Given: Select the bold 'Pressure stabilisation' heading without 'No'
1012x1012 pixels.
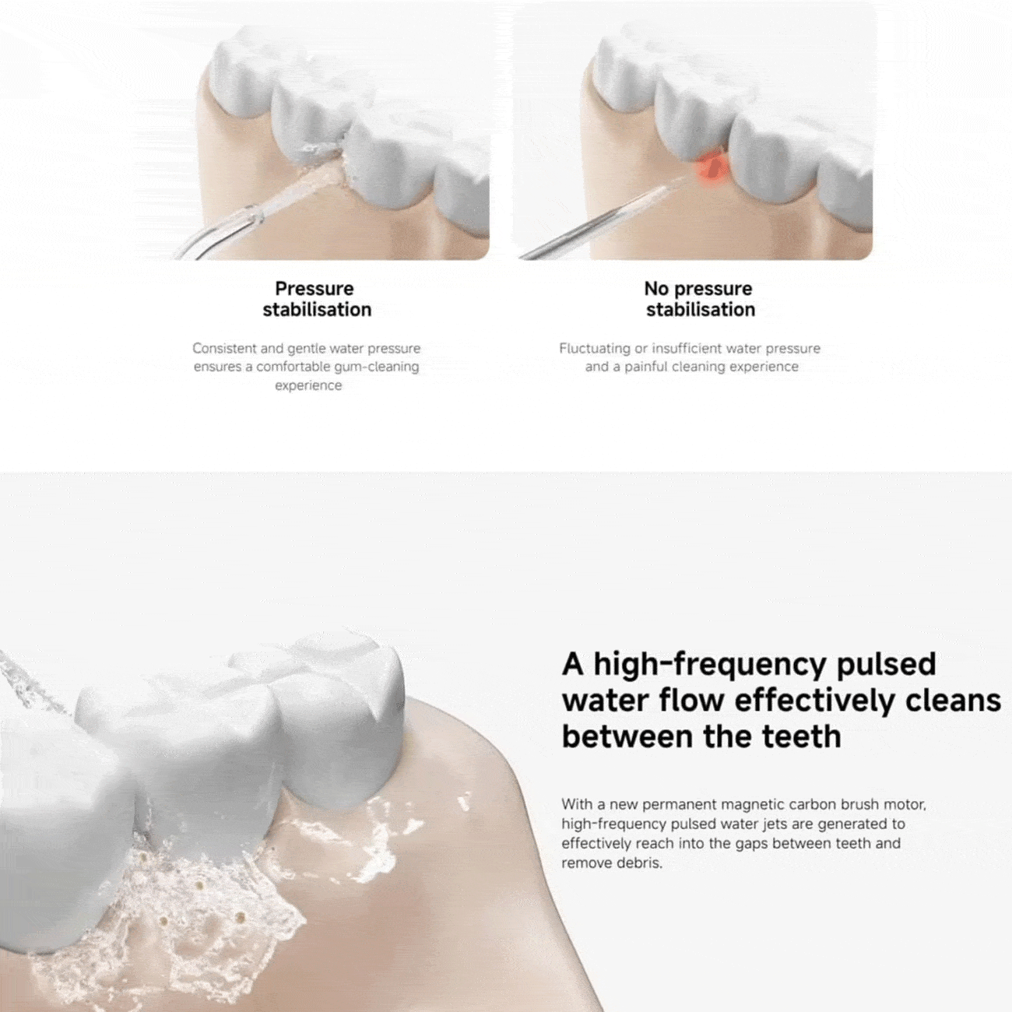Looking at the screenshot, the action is [x=317, y=299].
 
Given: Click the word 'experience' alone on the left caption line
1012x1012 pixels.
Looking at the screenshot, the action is [x=308, y=386].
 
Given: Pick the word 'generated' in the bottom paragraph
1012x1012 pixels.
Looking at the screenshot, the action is [x=852, y=824].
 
